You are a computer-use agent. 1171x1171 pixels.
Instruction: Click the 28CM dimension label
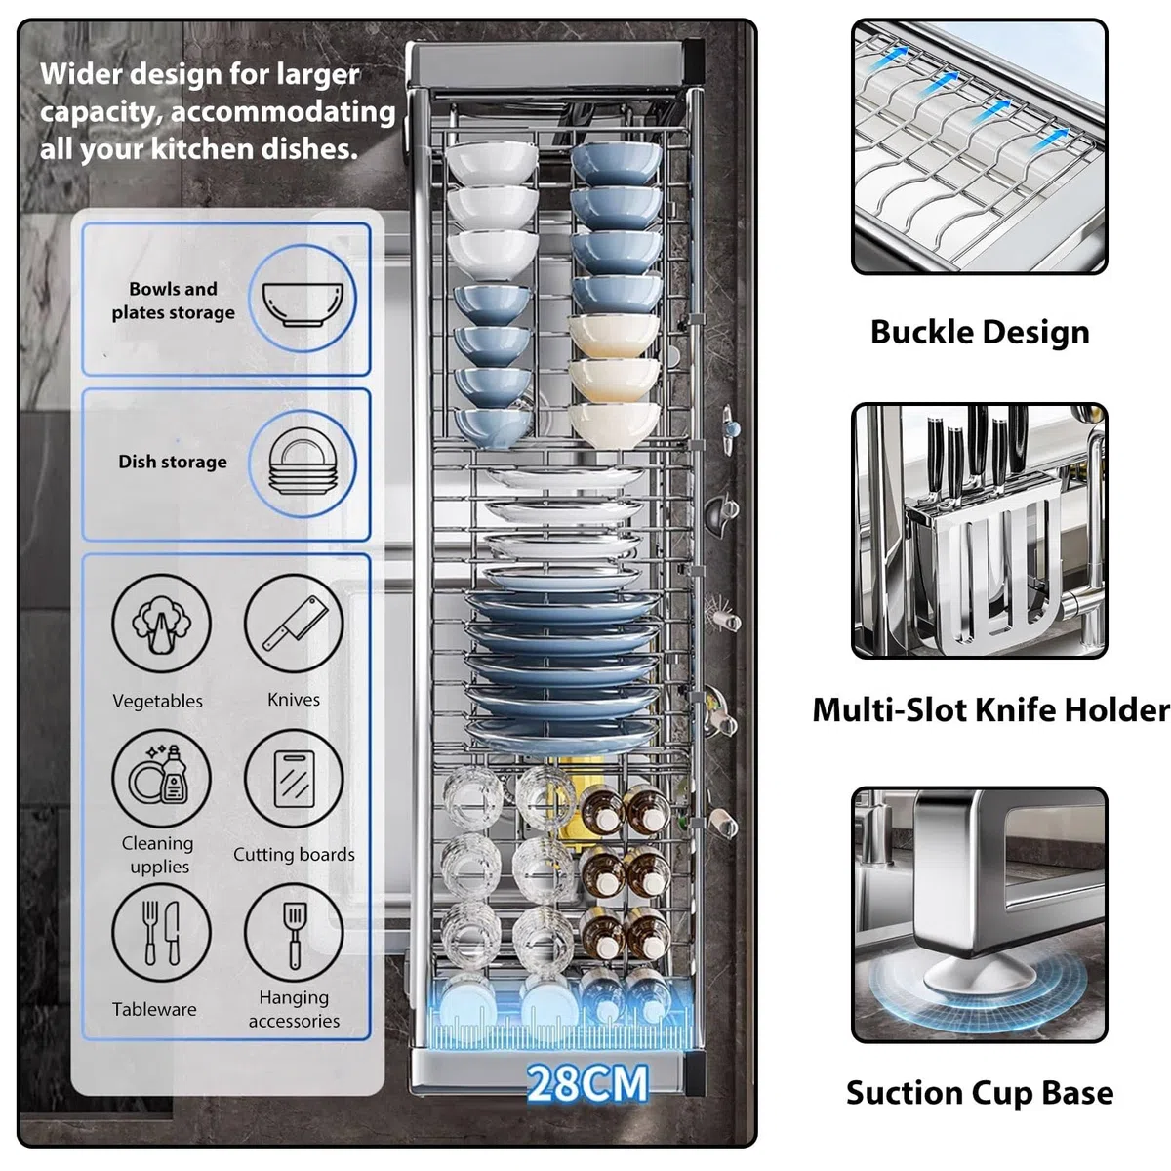pos(587,1083)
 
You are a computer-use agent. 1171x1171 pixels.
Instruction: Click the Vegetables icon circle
pos(161,624)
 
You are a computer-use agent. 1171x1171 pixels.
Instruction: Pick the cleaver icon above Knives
pos(294,624)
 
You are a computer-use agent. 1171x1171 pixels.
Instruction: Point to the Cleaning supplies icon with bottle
pos(161,779)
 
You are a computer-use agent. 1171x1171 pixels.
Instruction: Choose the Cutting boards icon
pos(294,779)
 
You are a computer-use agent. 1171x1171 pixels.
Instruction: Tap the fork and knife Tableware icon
pos(161,933)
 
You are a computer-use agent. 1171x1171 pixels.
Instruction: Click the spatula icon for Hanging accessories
pos(294,933)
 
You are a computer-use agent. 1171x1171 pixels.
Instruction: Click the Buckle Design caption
pos(980,333)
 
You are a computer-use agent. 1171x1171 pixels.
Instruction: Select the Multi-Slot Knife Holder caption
pos(990,709)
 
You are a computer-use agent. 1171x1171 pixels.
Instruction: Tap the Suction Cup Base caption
pos(980,1093)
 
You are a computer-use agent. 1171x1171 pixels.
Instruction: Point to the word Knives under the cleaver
pos(294,700)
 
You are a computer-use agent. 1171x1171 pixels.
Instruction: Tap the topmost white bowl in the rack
pos(492,162)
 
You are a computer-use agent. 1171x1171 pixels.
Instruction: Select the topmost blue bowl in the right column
pos(616,163)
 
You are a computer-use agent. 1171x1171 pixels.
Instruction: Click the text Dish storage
pos(173,462)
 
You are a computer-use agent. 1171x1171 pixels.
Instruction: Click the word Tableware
pos(154,1009)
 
